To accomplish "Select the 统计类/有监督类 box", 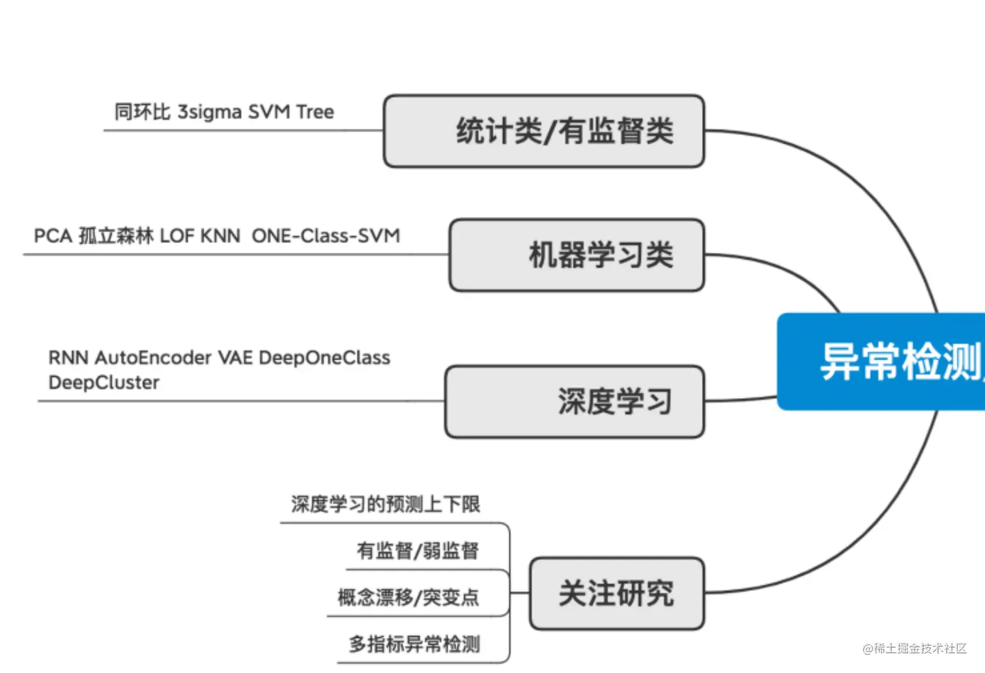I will pos(544,131).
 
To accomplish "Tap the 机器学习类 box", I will pos(577,255).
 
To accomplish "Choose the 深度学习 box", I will pos(575,401).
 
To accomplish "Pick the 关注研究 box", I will pos(616,593).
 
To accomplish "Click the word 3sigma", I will pos(210,112).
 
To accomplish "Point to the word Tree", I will pos(315,112).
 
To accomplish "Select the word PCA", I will pos(53,236).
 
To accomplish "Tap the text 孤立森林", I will pos(116,236).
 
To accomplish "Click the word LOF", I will pos(177,236).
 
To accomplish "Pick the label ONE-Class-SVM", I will pos(326,236).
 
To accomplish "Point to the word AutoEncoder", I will pos(153,358).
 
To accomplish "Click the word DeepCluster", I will pos(104,382).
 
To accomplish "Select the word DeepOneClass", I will pos(324,358).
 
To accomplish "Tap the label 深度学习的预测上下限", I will pos(385,504).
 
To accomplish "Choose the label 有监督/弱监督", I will pos(418,551).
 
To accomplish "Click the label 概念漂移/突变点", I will pos(408,597).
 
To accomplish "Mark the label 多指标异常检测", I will pos(414,644).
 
